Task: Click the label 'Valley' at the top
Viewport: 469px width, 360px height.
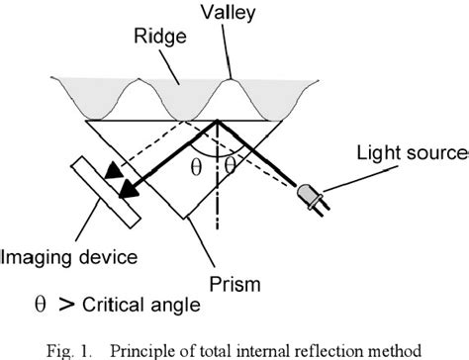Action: tap(232, 13)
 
